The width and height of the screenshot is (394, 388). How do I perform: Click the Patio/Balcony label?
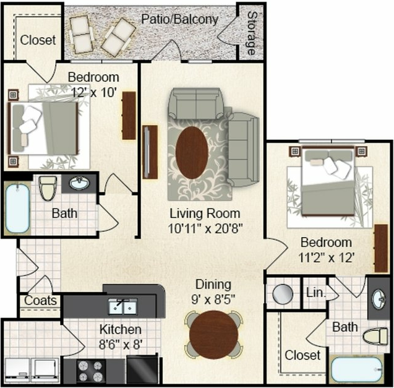(x=179, y=20)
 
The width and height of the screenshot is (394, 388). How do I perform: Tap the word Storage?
(x=251, y=33)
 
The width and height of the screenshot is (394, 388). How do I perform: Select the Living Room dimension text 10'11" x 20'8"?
(x=205, y=228)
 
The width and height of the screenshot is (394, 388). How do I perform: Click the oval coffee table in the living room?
(x=192, y=153)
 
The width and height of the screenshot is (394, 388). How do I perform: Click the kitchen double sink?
(x=123, y=306)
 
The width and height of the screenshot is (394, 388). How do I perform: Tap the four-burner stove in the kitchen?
(x=90, y=371)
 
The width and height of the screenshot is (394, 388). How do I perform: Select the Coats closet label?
(x=40, y=301)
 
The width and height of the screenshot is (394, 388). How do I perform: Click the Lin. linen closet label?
(x=315, y=293)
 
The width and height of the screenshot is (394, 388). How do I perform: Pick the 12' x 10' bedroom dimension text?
(x=95, y=92)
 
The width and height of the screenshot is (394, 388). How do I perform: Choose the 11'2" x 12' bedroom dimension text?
(x=327, y=257)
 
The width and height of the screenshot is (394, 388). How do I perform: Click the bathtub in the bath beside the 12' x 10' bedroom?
(x=17, y=209)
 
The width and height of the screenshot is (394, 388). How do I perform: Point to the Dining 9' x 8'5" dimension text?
(x=213, y=300)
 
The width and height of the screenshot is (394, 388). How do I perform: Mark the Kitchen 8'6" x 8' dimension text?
(x=121, y=344)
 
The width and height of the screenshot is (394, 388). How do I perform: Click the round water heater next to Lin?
(x=283, y=294)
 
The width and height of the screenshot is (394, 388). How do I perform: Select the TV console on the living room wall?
(x=150, y=152)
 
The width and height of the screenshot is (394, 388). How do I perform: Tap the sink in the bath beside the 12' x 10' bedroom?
(x=79, y=183)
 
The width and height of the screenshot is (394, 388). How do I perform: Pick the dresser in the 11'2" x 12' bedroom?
(x=381, y=248)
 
